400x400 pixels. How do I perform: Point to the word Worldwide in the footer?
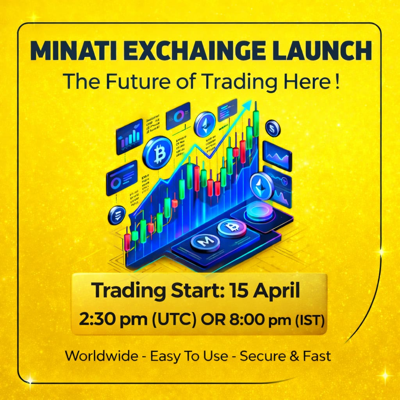[x=102, y=356]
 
